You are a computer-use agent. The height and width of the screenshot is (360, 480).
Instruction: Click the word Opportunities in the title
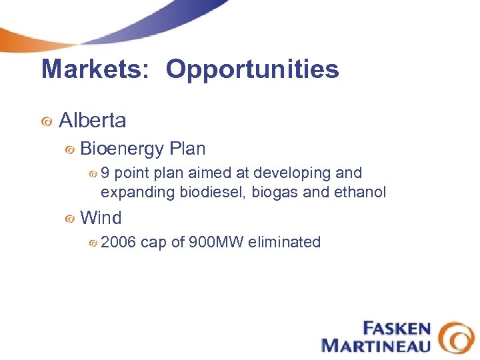pos(253,69)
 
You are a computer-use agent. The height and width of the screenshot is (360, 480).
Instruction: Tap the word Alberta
pos(93,121)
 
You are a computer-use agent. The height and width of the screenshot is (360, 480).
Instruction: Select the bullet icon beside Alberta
pos(47,121)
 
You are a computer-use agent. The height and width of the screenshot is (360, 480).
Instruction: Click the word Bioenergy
pos(122,149)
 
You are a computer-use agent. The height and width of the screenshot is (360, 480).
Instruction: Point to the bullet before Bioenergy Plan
pos(69,150)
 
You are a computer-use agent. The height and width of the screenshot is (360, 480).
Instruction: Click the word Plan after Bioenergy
pos(187,149)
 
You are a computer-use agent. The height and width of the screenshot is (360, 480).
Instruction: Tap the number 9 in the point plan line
pos(105,173)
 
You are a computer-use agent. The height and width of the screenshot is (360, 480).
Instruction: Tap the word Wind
pos(101,218)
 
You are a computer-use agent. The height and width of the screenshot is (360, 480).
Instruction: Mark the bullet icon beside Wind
pos(69,219)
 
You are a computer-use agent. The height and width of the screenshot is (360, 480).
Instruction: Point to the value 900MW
pos(216,242)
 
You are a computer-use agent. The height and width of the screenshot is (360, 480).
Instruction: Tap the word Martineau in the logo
pos(375,345)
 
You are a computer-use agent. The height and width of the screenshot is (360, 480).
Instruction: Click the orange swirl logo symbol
pos(457,337)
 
